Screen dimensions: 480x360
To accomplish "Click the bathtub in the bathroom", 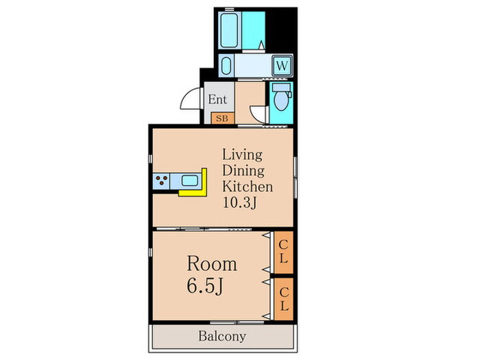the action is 229,31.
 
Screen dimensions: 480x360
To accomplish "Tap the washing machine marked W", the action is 282,66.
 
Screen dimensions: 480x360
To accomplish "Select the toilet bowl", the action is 281,97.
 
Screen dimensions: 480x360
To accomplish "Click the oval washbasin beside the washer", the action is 226,66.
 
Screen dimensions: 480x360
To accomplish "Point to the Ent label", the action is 217,99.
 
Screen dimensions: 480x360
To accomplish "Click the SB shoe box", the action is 222,118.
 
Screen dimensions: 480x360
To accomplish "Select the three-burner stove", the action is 161,181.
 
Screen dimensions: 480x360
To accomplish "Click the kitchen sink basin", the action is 190,180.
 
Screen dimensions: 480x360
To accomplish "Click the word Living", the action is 242,155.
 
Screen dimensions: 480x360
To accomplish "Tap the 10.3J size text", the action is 239,202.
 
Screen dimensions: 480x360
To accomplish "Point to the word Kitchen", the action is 248,186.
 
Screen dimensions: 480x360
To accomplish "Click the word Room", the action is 212,263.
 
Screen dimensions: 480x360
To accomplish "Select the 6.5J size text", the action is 204,287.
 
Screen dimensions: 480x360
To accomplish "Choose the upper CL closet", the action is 284,252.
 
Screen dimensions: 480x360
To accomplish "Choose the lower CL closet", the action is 284,299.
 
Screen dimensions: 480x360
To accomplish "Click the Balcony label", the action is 222,336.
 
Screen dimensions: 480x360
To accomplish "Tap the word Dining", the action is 243,171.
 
